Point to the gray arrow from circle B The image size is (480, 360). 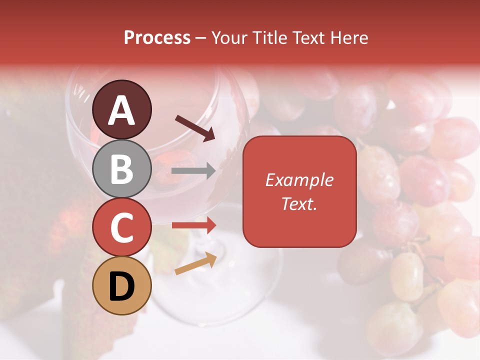pos(193,171)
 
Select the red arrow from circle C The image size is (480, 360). pos(194,225)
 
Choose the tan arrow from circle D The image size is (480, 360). pos(195,263)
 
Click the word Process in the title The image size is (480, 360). pos(157,38)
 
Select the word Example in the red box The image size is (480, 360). pos(299,180)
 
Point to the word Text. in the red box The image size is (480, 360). pos(299,204)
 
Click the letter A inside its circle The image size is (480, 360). pos(121,110)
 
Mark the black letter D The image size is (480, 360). pos(121,286)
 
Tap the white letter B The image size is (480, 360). pos(121,168)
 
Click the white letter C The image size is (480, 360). pos(121,227)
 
